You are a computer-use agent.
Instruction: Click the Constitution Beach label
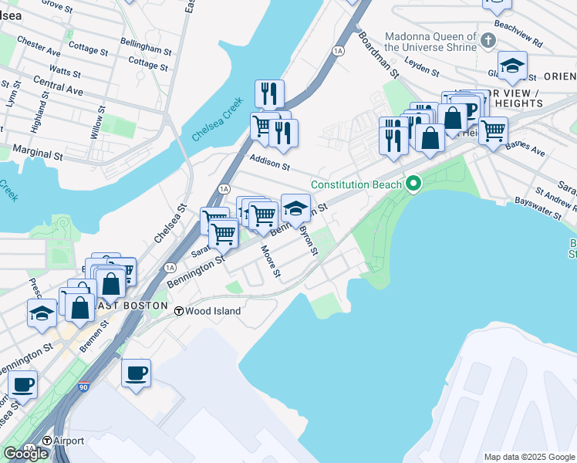tap(356, 184)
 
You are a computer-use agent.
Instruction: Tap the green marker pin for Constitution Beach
tap(413, 184)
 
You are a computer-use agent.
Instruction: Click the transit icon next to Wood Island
tap(178, 311)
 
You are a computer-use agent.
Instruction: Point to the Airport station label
tap(69, 441)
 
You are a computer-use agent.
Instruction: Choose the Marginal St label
tap(36, 154)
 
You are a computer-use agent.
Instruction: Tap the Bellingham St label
tap(146, 49)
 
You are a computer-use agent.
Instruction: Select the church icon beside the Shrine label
tap(488, 39)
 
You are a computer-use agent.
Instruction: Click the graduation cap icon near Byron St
tap(295, 208)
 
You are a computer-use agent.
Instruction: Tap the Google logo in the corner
tap(25, 454)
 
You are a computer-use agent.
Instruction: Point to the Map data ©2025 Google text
tap(529, 457)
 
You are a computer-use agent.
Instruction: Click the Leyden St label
tap(421, 68)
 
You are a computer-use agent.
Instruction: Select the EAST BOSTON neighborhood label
tap(135, 306)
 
